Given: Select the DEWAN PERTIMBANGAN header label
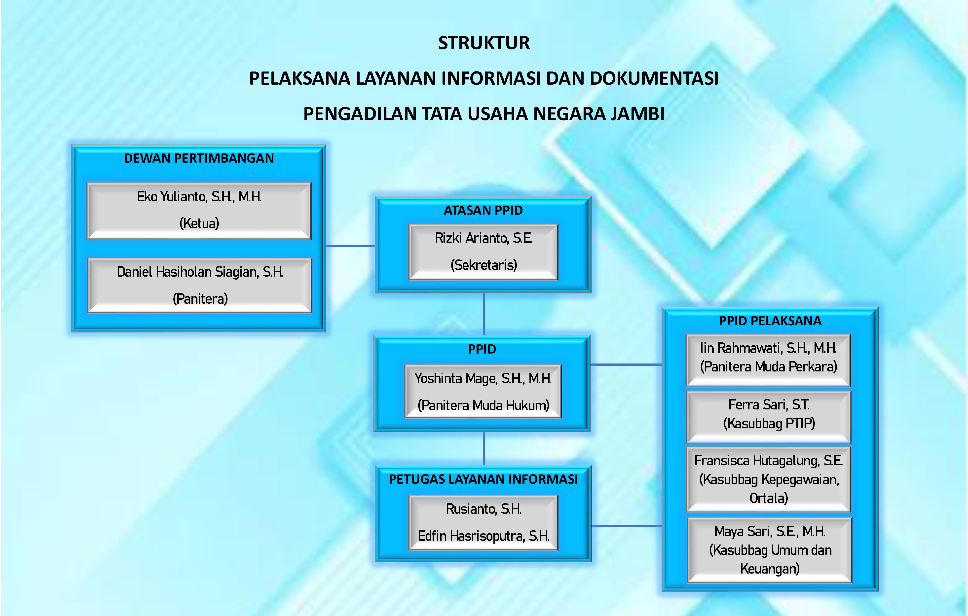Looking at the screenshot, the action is coord(199,158).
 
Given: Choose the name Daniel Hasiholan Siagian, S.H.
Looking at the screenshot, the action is coord(200,272).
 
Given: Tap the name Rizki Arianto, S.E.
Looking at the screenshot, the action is coord(484,238).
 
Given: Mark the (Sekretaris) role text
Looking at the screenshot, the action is coord(484,265).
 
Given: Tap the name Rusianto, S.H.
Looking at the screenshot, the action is coord(484,509).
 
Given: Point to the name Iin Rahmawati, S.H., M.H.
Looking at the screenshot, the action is coord(768,348).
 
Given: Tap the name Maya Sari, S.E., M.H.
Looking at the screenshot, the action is coord(770,531).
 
